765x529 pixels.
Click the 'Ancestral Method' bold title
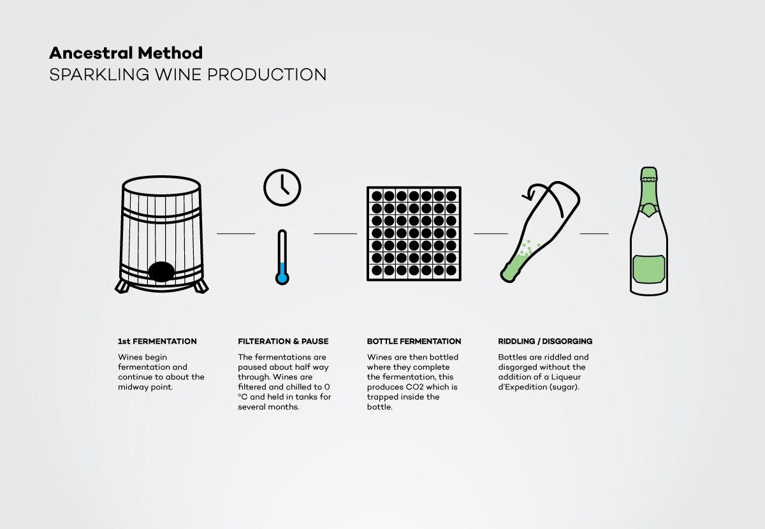click(126, 53)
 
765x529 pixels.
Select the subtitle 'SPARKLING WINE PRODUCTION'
click(188, 75)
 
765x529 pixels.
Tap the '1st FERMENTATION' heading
click(157, 341)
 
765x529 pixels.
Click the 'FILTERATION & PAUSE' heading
click(283, 341)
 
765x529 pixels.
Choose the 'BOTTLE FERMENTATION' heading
click(414, 341)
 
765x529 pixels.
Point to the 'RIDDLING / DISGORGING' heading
click(545, 341)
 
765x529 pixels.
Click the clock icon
click(282, 187)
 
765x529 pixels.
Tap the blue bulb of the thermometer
click(282, 278)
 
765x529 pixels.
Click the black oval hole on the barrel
click(161, 272)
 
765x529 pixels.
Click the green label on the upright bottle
click(648, 269)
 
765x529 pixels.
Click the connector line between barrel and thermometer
click(236, 234)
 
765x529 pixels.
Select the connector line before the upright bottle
click(594, 234)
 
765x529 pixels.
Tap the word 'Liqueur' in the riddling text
click(566, 377)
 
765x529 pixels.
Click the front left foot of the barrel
click(122, 287)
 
